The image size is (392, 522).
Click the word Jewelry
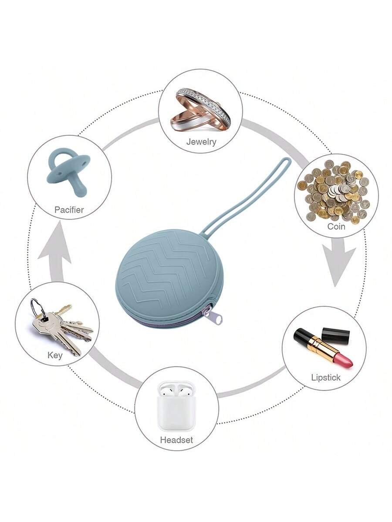[x=201, y=141]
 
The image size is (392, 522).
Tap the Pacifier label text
[x=69, y=210]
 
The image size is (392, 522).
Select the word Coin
[x=336, y=226]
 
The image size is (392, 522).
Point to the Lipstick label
[x=325, y=377]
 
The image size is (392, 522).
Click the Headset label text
[x=176, y=440]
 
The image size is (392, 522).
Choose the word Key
[x=55, y=355]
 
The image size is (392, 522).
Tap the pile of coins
[x=335, y=191]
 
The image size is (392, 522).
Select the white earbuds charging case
[x=176, y=407]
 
